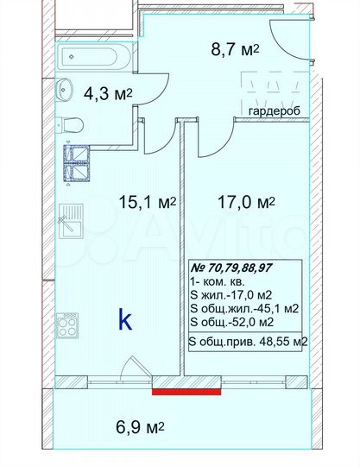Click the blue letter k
pyautogui.click(x=125, y=321)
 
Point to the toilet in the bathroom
pyautogui.click(x=70, y=127)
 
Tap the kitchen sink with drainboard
pyautogui.click(x=69, y=223)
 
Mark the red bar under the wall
pyautogui.click(x=186, y=392)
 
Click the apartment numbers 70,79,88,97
pyautogui.click(x=244, y=268)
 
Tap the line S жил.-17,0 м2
pyautogui.click(x=230, y=294)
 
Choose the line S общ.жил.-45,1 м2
pyautogui.click(x=243, y=308)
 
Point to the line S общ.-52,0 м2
pyautogui.click(x=232, y=322)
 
